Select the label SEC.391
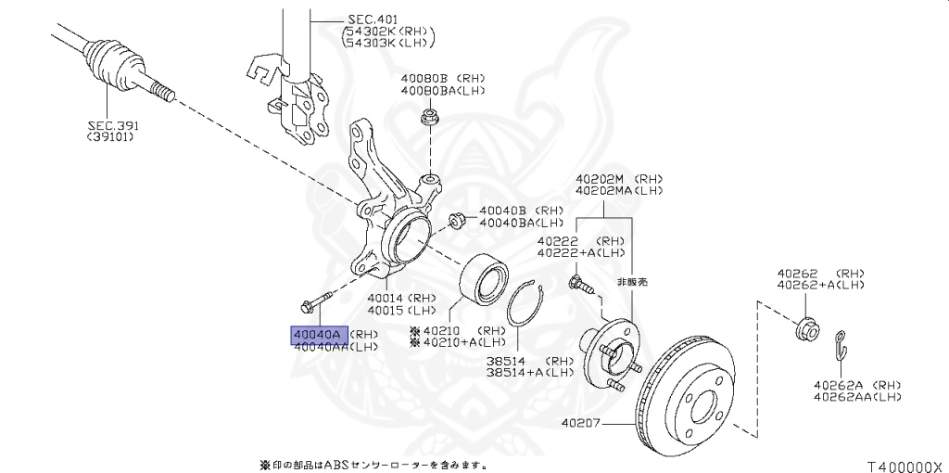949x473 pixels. pyautogui.click(x=110, y=124)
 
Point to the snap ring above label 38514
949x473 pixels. pyautogui.click(x=527, y=306)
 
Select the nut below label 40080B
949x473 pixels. pyautogui.click(x=429, y=117)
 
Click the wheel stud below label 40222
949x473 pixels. pyautogui.click(x=578, y=282)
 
